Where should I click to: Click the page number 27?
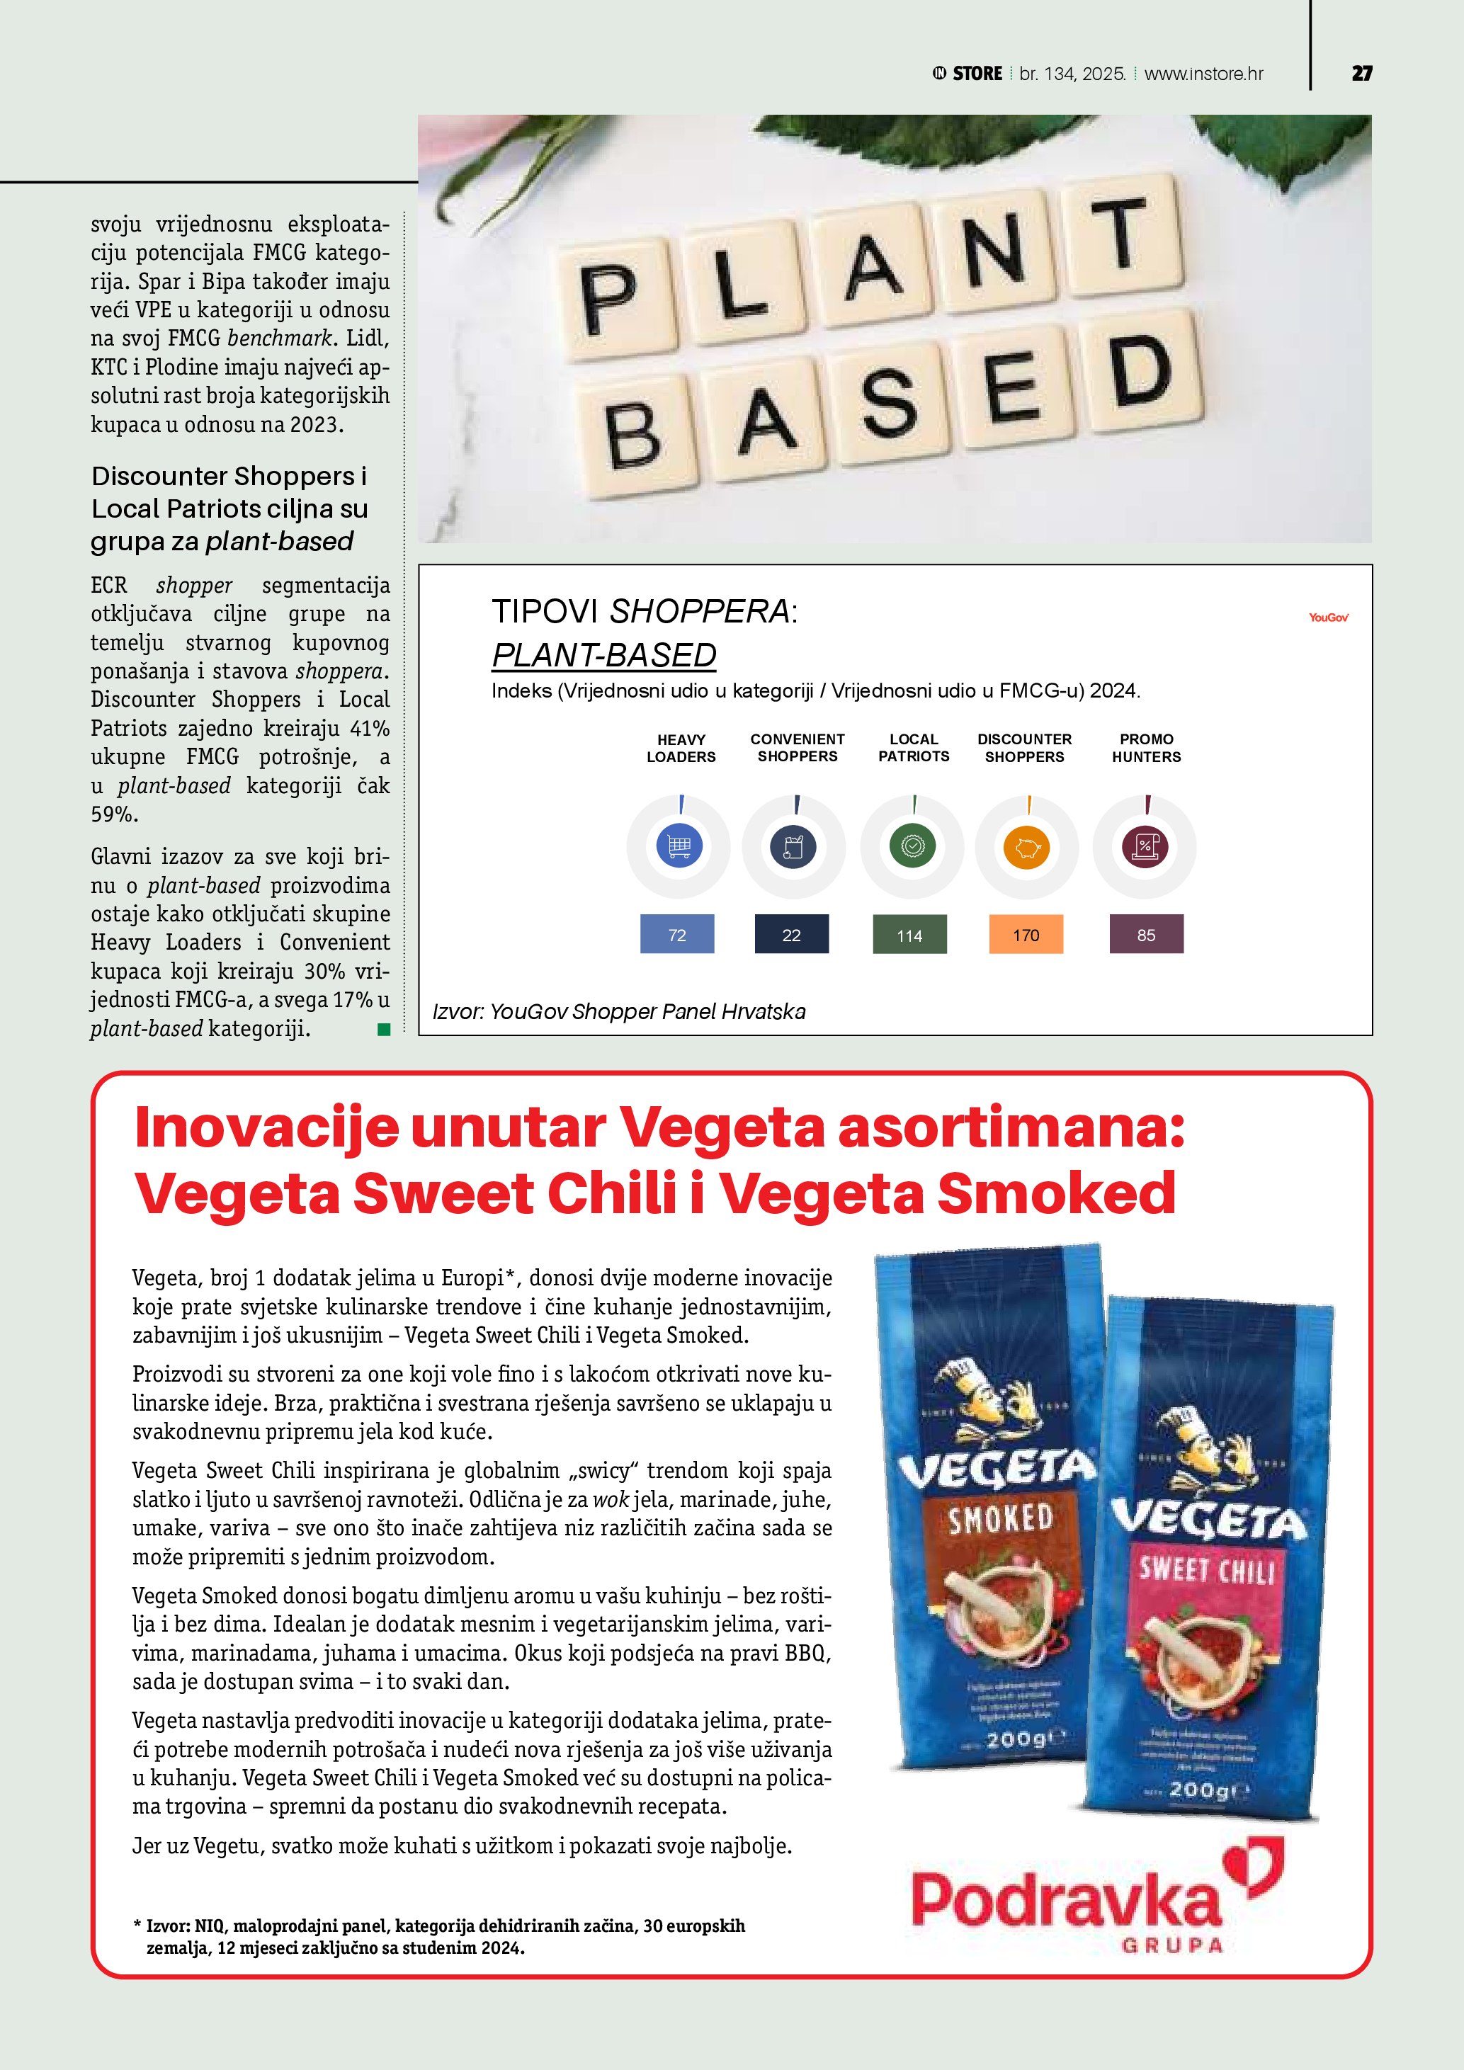(x=1361, y=74)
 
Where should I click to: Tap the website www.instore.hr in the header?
(x=1203, y=74)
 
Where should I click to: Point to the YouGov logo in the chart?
(x=1328, y=618)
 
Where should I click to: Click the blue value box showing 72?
(x=677, y=935)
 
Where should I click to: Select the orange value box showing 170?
(x=1026, y=935)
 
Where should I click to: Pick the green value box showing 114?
(x=909, y=935)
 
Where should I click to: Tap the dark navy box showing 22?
(x=792, y=935)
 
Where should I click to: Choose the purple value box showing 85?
(x=1146, y=935)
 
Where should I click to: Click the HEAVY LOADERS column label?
(x=681, y=749)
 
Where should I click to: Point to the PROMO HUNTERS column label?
(x=1146, y=749)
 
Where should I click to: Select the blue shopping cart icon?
(x=679, y=846)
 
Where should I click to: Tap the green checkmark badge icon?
(x=912, y=846)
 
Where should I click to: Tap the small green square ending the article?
(x=384, y=1030)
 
